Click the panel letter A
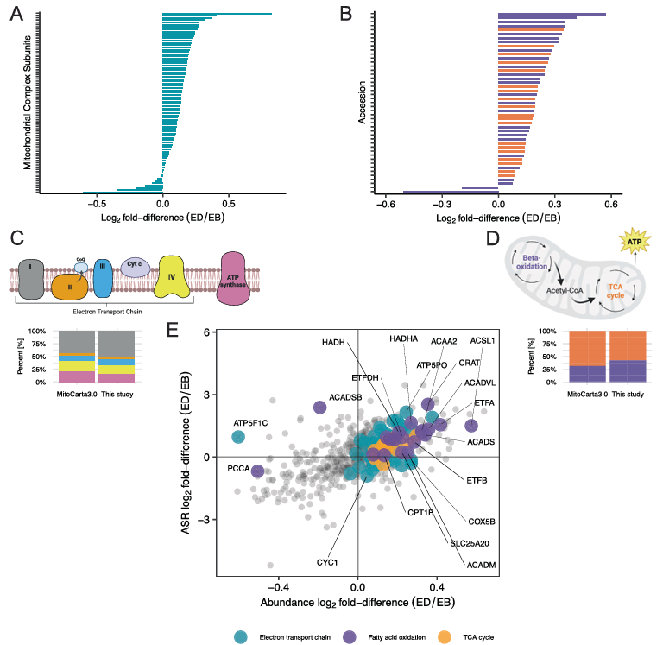(x=16, y=15)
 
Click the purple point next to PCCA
(x=256, y=471)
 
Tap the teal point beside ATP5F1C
(x=238, y=437)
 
